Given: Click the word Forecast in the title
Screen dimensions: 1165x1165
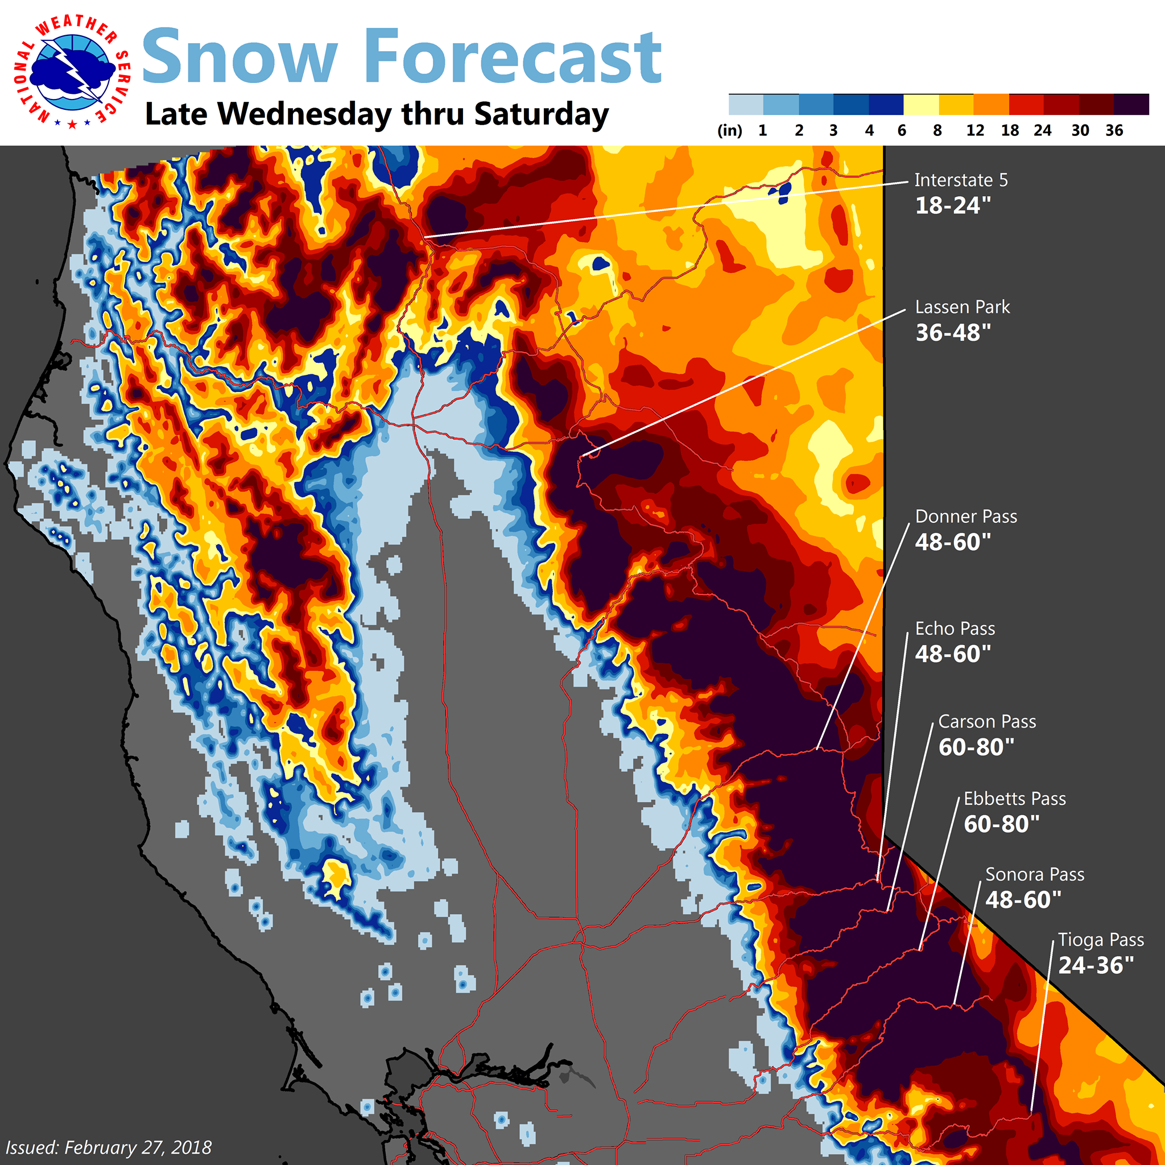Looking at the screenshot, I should point(513,57).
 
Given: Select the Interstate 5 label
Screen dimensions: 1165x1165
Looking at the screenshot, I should point(961,180).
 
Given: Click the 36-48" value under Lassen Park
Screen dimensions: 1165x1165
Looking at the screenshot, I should point(953,332).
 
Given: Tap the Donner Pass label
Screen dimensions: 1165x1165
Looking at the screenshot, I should point(965,516).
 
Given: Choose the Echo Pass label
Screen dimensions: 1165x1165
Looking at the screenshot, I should point(955,629).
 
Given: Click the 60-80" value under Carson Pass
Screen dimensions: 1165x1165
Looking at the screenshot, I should point(976,746).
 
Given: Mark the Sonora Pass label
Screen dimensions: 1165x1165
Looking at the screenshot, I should point(1035,874).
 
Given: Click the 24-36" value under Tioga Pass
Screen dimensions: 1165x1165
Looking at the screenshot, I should point(1096,965).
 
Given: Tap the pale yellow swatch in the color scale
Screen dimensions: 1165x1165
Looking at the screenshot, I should point(921,104).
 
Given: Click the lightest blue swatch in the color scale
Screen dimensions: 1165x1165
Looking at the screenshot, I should point(746,104).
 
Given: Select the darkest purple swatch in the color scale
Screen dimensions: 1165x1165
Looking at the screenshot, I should point(1131,104).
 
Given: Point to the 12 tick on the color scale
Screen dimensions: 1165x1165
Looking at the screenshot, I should point(975,130).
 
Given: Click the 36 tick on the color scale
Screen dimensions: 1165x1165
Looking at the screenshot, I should point(1114,130).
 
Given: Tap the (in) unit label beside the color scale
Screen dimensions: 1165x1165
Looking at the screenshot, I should point(730,130).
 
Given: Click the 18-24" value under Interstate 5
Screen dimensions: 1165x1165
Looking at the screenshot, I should point(953,205).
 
